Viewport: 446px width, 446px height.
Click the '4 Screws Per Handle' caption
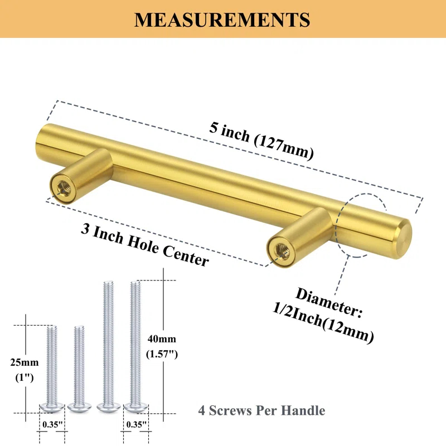pos(261,411)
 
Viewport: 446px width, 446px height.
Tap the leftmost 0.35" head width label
pos(51,424)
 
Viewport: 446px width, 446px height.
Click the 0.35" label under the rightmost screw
pos(135,424)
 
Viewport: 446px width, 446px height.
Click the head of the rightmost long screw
pos(135,408)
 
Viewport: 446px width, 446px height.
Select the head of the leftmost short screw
pos(51,408)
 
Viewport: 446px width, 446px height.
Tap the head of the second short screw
pos(79,408)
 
